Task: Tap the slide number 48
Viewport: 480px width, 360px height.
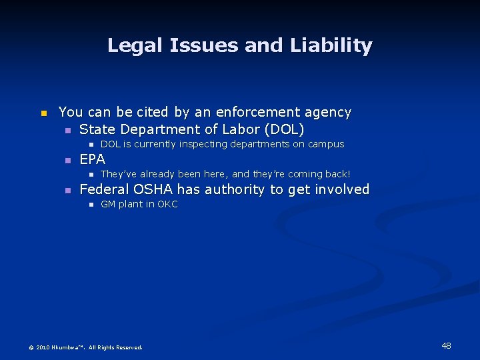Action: [446, 345]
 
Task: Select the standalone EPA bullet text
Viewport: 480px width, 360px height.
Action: [92, 159]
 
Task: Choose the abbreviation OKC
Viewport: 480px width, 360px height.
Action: [167, 205]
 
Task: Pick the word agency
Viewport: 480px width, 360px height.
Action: [328, 112]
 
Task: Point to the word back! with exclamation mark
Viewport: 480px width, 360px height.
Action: [336, 174]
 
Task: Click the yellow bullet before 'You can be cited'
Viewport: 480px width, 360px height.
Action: [43, 113]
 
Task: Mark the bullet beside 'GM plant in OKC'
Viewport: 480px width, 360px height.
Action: [91, 205]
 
